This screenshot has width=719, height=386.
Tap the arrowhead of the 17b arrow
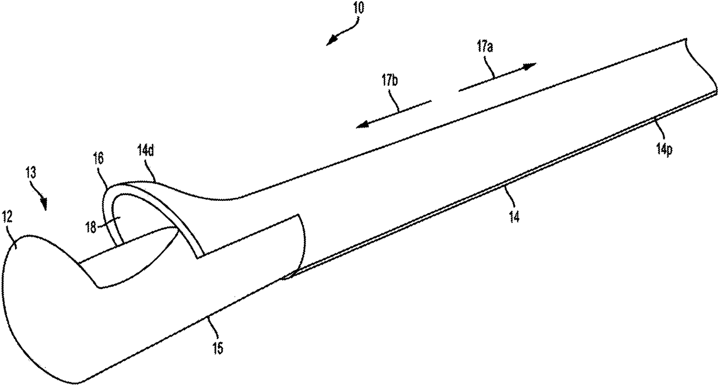tap(361, 124)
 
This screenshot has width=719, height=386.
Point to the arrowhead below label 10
tap(331, 41)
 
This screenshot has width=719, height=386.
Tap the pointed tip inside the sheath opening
tap(177, 230)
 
